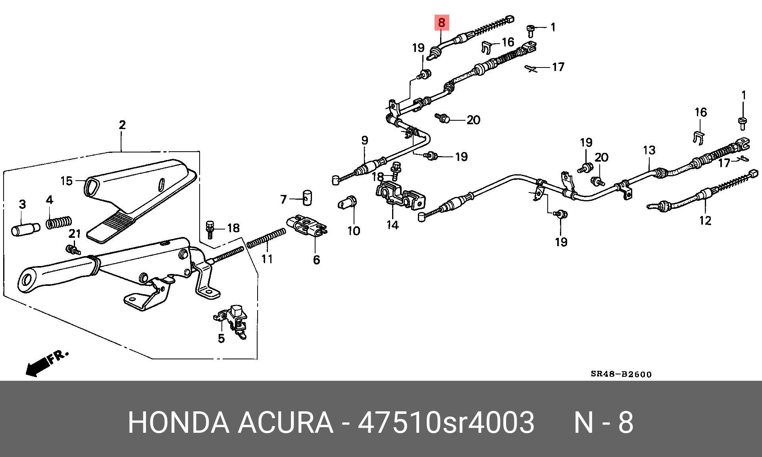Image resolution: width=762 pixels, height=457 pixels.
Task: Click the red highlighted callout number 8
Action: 442,23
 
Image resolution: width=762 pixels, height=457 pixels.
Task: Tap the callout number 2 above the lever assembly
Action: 122,125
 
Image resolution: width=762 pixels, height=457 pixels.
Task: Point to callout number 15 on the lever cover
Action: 66,181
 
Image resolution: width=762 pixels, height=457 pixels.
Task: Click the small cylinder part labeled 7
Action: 307,197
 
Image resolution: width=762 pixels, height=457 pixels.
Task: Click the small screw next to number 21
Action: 73,250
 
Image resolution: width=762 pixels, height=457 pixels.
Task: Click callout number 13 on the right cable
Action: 649,150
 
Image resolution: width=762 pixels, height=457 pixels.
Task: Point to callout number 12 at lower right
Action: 705,220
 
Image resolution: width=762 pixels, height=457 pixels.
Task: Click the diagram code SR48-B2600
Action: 621,374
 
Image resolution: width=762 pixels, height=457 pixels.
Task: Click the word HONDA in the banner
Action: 179,422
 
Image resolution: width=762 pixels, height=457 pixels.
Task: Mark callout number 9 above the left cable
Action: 364,140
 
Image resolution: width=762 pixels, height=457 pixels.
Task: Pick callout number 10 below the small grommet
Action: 353,231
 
